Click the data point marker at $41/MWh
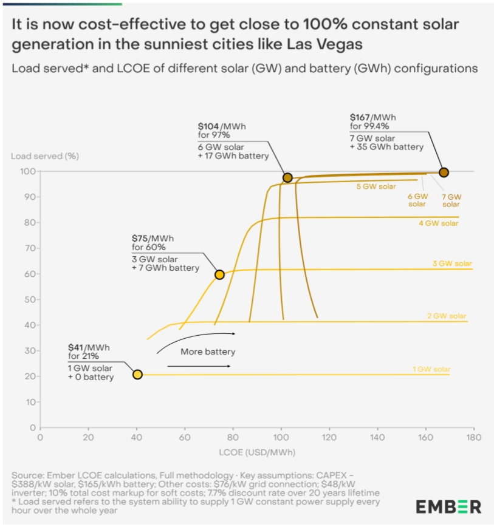(137, 375)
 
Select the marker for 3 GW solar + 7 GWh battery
(219, 274)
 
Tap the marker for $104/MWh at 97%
(287, 178)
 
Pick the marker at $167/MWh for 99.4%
(444, 172)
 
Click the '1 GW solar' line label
(431, 369)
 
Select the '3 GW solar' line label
(452, 263)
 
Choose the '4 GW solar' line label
(439, 223)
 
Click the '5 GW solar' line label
(376, 186)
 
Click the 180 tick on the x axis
(473, 437)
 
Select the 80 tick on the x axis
(233, 437)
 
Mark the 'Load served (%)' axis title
(45, 156)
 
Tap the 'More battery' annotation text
(208, 352)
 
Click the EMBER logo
(448, 506)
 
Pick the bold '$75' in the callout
(143, 238)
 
